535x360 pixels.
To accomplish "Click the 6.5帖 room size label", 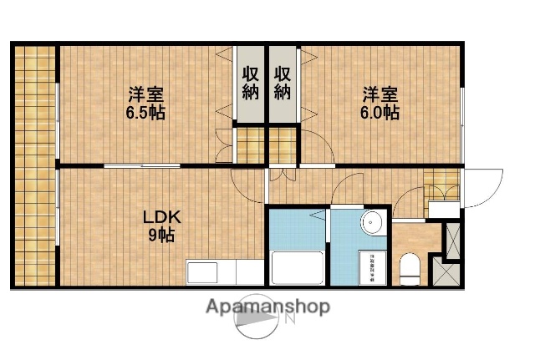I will click(x=145, y=113).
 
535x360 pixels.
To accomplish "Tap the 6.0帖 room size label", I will click(x=380, y=113).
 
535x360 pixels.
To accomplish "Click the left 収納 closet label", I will click(x=250, y=82).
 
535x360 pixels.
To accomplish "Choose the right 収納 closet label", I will click(x=283, y=82).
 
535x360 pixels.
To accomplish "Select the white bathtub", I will click(x=297, y=269).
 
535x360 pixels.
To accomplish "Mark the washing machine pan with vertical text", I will click(x=368, y=267).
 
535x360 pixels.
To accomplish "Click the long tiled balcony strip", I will click(x=33, y=163).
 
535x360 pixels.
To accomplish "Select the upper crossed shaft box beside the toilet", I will click(x=452, y=236).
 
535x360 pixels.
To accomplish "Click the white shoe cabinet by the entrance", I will click(x=443, y=210).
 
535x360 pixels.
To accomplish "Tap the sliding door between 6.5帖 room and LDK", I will click(x=142, y=166).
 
